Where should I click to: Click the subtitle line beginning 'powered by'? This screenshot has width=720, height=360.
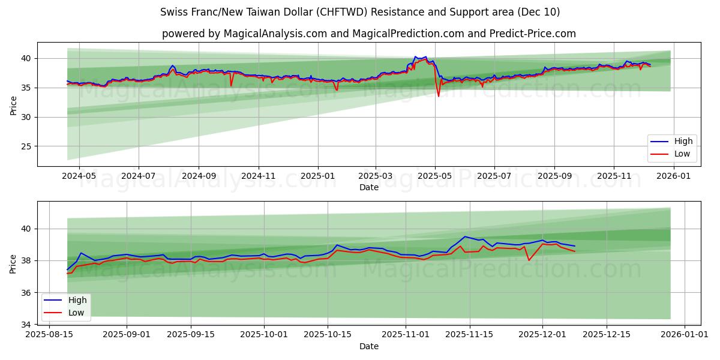coord(368,34)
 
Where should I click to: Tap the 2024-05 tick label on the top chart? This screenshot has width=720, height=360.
coord(79,176)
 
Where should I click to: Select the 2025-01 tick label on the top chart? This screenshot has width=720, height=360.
coord(317,176)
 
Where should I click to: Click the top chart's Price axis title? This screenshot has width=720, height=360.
coord(14,106)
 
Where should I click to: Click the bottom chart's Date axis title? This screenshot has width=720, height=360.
coord(368,346)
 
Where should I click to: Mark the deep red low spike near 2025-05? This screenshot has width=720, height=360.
coord(438,96)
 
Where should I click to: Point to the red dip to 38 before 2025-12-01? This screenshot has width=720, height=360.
coord(529,260)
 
